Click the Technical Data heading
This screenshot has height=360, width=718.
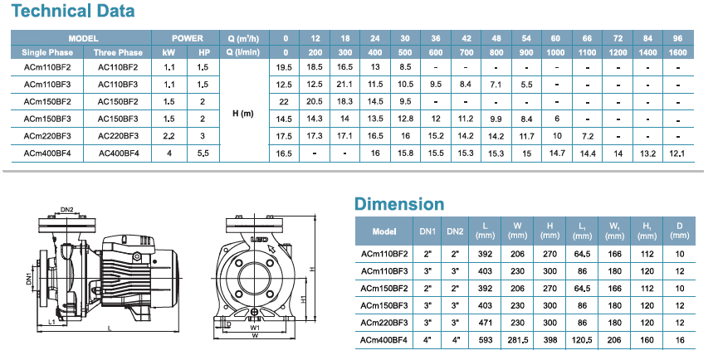73,11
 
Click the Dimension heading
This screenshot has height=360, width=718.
399,203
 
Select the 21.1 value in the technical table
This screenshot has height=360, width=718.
344,84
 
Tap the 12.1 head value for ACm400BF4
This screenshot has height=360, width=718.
676,153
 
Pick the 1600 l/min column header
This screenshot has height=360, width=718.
677,52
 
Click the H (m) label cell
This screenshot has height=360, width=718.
243,114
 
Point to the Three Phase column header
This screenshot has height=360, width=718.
118,52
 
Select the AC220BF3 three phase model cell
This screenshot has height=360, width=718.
118,136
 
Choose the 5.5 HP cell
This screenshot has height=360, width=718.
203,153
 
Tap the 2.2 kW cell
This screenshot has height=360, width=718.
169,136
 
